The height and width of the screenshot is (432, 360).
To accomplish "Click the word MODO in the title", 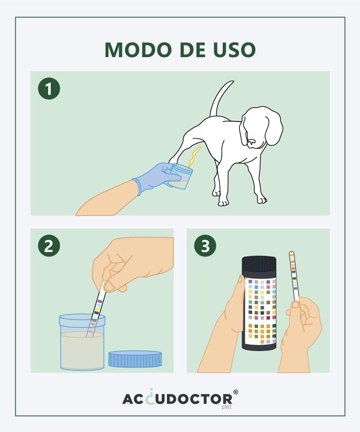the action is (x=138, y=50).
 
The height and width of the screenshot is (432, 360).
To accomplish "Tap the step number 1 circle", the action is (x=49, y=89).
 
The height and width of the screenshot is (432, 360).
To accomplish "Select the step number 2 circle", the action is (x=49, y=246).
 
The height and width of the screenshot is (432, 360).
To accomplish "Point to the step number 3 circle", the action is (x=205, y=246).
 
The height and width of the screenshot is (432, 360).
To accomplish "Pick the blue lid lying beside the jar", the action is (x=135, y=359).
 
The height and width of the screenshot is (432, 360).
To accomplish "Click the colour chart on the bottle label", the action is (x=261, y=311).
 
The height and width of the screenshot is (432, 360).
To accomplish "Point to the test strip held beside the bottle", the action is (x=294, y=276).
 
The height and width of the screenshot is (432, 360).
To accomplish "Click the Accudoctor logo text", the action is (x=177, y=399).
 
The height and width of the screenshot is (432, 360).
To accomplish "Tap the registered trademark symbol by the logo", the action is (x=235, y=392).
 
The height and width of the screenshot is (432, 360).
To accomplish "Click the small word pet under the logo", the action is (x=227, y=407).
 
